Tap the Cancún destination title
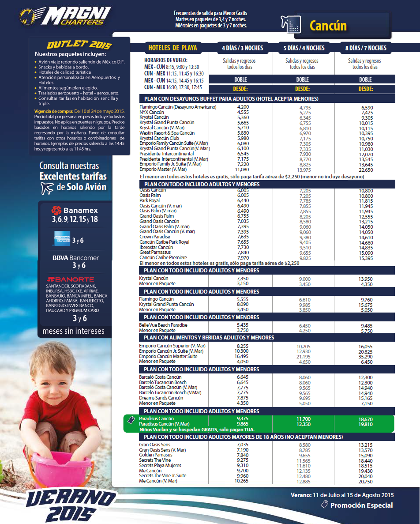(x=328, y=26)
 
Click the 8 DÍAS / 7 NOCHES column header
(x=366, y=48)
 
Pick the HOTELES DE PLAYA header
(x=172, y=48)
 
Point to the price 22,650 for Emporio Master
(x=367, y=169)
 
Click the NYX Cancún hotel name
(x=152, y=112)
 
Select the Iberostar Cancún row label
(x=156, y=248)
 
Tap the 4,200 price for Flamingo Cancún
(x=243, y=107)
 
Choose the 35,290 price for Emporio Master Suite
(x=366, y=356)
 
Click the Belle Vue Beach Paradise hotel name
(x=163, y=325)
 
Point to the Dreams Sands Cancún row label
(x=161, y=398)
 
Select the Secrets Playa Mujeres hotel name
(x=160, y=465)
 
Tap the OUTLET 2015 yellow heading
(x=79, y=45)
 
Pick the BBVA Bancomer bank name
(x=75, y=258)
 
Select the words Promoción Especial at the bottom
(x=361, y=505)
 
